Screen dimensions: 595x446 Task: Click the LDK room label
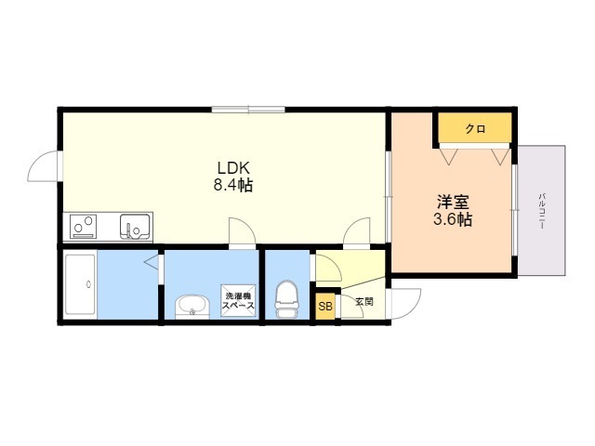coord(232,167)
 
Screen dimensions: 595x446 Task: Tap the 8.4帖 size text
coord(233,185)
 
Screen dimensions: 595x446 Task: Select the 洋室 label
coord(453,202)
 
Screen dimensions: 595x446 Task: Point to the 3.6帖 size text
coord(453,219)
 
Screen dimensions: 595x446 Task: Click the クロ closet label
coord(475,129)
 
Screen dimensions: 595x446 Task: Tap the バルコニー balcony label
coord(542,211)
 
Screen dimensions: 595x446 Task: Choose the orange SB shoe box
coord(325,306)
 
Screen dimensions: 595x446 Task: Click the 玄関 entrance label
coord(364,302)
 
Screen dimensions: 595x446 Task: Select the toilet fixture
coord(287,299)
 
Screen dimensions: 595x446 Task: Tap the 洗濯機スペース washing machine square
coord(238,300)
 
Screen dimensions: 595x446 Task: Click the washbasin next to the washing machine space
coord(192,308)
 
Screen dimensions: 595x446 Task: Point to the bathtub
coord(80,284)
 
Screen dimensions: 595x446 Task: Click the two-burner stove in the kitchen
coord(83,227)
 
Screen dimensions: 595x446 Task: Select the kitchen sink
coord(135,227)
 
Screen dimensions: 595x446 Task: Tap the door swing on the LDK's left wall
coord(44,166)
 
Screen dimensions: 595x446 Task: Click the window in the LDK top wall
coord(248,110)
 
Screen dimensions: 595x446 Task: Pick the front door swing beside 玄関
coord(404,304)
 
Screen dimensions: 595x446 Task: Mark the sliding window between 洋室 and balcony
coord(514,210)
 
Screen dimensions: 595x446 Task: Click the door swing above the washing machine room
coord(242,231)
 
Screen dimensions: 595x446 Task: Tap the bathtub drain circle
coord(89,284)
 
